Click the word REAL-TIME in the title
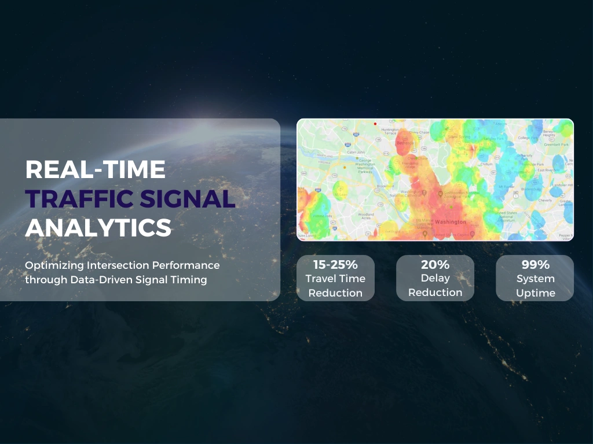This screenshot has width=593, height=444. (x=96, y=169)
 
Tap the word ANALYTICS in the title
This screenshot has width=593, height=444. (x=98, y=228)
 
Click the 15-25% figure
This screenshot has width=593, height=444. (x=335, y=265)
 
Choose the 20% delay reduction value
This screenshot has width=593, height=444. (x=435, y=265)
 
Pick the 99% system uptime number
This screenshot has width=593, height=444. (x=535, y=265)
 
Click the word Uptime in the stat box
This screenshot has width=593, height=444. (x=535, y=293)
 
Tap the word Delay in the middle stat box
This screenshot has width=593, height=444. (x=435, y=279)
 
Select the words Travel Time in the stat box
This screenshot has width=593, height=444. (x=335, y=279)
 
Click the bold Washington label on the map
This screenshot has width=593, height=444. (x=449, y=221)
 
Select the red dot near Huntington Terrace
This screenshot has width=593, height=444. (x=375, y=124)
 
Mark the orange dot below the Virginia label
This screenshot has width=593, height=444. (x=345, y=167)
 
